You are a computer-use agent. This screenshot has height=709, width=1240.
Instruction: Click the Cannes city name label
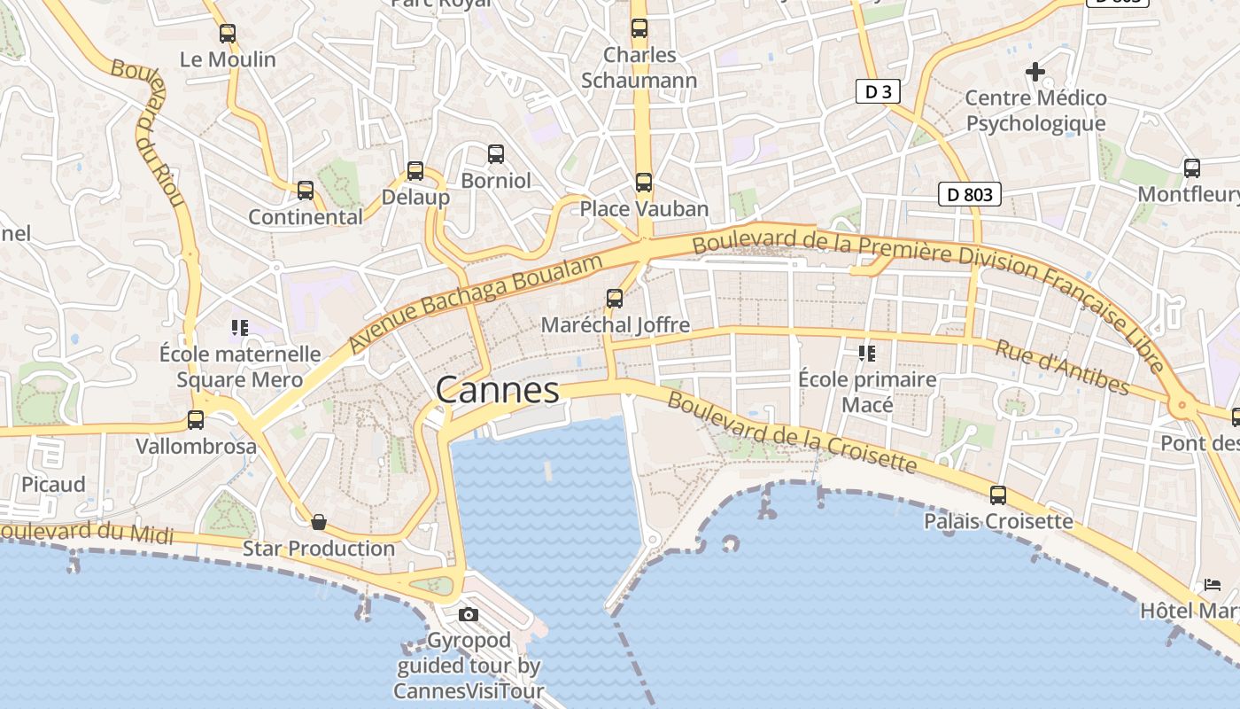pos(498,390)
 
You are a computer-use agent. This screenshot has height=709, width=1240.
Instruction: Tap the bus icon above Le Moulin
pos(228,34)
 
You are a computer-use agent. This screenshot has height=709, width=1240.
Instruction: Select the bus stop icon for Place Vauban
pos(644,183)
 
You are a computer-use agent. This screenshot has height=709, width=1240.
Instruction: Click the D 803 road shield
pos(970,194)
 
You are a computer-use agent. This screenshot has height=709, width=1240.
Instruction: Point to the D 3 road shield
pos(872,91)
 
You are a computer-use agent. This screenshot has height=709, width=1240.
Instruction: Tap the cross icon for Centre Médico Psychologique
pos(1035,72)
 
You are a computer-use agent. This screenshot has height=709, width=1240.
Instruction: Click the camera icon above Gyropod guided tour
pos(468,614)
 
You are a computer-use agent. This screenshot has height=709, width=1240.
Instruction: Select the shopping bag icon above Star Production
pos(319,522)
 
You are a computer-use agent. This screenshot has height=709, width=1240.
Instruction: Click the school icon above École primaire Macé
pos(867,354)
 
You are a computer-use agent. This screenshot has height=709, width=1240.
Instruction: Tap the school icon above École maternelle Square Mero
pos(239,328)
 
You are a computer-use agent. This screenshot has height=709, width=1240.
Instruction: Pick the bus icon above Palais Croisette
pos(998,495)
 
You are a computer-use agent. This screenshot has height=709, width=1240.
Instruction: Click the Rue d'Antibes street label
pos(1062,367)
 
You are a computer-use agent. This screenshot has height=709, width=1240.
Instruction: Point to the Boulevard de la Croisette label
pos(791,433)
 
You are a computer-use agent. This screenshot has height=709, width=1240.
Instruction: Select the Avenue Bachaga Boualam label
pos(476,301)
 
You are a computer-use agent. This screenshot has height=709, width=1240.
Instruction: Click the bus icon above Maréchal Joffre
pos(615,298)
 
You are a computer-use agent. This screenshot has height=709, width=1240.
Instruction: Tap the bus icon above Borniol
pos(496,154)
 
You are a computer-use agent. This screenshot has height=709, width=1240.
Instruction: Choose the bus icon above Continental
pos(306,190)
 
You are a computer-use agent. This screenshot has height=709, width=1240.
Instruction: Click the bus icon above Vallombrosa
pos(196,420)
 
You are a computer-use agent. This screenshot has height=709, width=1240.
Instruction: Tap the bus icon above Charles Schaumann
pos(639,28)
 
